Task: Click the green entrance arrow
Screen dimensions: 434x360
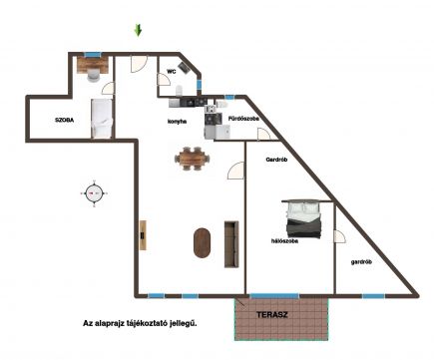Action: point(138,30)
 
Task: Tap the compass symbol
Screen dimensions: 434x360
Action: point(94,193)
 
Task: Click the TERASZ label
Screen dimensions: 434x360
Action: point(272,315)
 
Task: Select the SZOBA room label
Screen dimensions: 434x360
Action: point(64,120)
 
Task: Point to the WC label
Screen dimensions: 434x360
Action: point(172,72)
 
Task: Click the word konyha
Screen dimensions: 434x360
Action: point(177,122)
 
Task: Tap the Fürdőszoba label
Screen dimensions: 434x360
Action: point(243,119)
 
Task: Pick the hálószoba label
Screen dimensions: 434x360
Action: point(284,241)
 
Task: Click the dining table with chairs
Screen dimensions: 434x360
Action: point(193,159)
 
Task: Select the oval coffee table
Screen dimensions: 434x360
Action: point(202,242)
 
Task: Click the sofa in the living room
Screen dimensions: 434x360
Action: point(231,244)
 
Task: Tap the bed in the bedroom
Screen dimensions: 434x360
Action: point(303,219)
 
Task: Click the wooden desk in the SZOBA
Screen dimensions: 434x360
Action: point(93,65)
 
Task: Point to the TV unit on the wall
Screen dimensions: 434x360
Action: point(143,235)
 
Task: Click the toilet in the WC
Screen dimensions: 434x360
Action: point(179,91)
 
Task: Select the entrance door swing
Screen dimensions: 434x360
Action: point(139,65)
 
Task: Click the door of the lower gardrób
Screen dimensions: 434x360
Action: point(339,236)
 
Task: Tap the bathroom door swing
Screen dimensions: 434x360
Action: point(264,134)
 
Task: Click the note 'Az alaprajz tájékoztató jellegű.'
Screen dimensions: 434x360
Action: point(140,323)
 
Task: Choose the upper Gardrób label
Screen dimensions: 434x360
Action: point(276,160)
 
